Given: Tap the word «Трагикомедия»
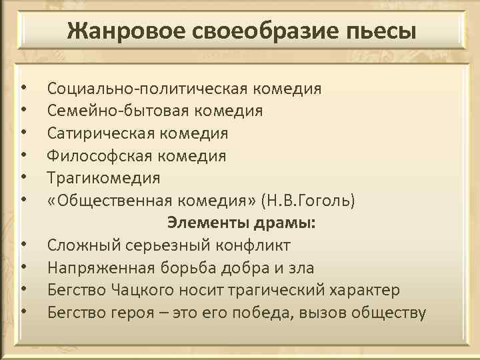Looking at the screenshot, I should (x=103, y=179).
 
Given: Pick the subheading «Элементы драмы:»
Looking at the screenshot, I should (x=241, y=223).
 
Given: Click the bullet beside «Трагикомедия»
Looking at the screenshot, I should (x=23, y=179).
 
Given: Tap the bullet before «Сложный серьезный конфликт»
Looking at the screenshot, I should (x=23, y=245).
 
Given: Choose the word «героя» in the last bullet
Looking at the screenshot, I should (x=131, y=313).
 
